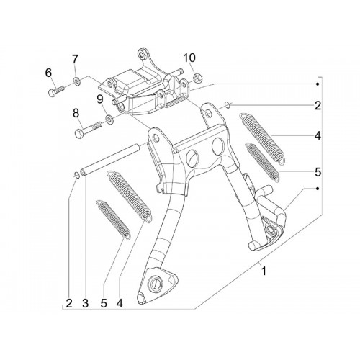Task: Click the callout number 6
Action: [48, 73]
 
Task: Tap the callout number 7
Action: [75, 59]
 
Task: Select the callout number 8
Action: [76, 113]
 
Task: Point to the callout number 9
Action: [100, 99]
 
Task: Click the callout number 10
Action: [189, 58]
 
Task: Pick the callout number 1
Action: [264, 271]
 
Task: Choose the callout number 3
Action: [85, 304]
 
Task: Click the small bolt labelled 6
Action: [57, 91]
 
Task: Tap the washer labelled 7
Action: [77, 81]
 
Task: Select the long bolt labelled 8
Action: [89, 130]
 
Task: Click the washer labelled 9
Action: [110, 119]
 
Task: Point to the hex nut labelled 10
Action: [198, 77]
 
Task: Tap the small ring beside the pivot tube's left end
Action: [76, 175]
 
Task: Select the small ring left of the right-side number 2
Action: [228, 104]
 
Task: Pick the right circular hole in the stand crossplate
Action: [218, 144]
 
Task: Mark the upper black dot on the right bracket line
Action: [318, 84]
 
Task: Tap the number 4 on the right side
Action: [318, 136]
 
